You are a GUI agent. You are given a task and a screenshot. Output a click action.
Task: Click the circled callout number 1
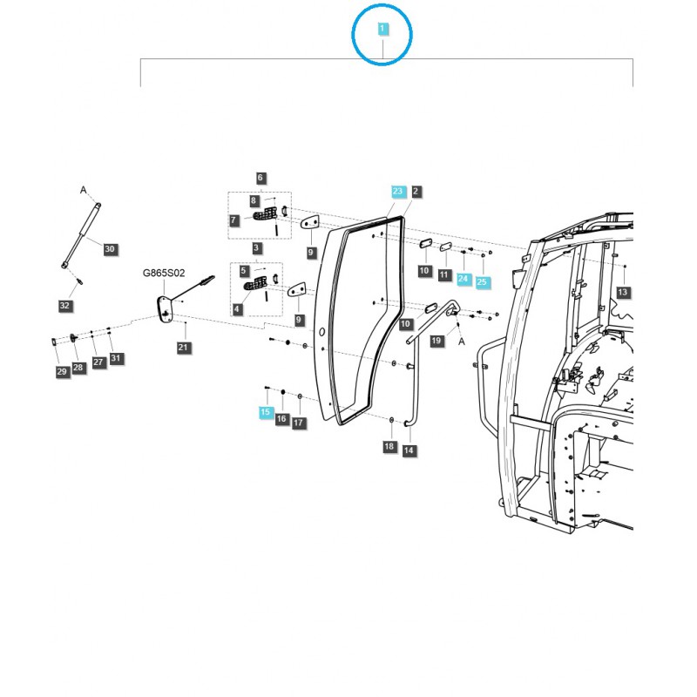pos(382,29)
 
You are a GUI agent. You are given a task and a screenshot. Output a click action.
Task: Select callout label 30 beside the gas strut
pos(109,249)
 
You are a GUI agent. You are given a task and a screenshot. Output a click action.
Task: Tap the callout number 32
pos(64,305)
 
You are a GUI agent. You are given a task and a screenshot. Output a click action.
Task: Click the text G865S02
pos(165,272)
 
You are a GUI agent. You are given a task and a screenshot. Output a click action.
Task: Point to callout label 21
pos(183,348)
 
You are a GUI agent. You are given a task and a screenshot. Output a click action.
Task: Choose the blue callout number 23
pos(397,191)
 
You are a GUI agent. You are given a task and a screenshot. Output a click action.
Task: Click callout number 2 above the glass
pos(416,191)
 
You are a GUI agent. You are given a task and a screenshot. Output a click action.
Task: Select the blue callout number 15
pos(265,411)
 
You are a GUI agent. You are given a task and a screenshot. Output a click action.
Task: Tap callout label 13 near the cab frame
pos(622,292)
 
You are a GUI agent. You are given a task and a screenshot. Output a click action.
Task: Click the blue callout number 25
pos(483,283)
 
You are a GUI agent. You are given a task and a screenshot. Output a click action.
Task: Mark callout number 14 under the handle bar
pos(409,450)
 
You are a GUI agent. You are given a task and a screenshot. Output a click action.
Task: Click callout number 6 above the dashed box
pos(260,178)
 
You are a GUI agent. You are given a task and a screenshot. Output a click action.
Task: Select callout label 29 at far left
pos(61,372)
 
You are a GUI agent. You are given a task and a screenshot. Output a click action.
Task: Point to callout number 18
pos(389,447)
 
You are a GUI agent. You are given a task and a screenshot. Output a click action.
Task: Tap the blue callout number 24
pos(464,279)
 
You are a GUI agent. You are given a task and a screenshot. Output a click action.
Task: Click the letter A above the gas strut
pos(84,189)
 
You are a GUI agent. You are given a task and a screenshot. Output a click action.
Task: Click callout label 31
pos(116,358)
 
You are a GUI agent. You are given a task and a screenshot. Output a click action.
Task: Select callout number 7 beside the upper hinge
pos(234,221)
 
